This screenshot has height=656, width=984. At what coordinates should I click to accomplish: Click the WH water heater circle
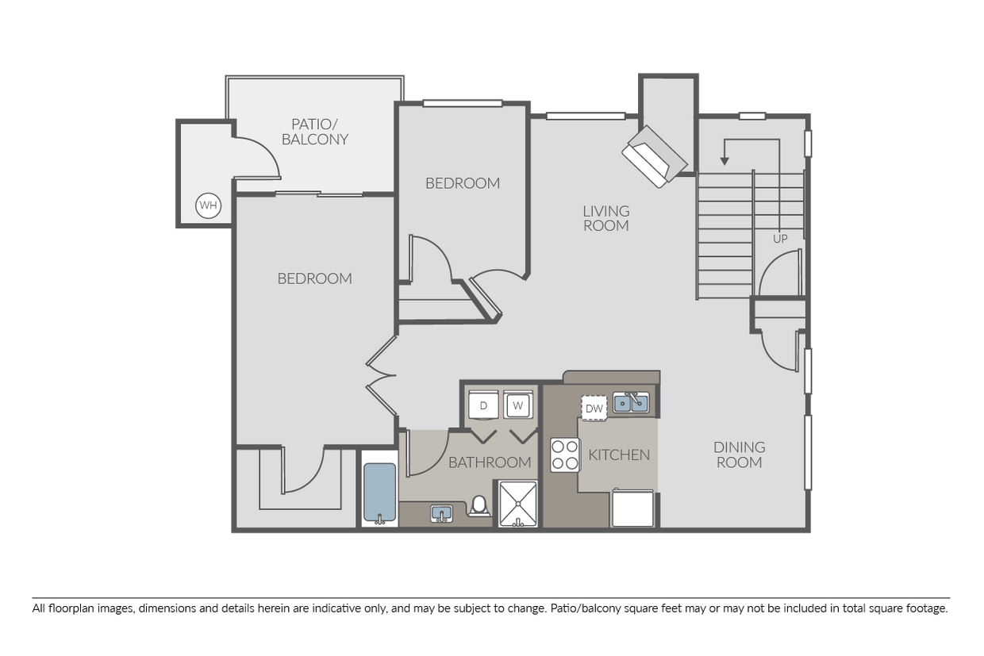pyautogui.click(x=208, y=205)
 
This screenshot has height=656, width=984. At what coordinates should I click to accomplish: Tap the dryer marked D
pyautogui.click(x=483, y=405)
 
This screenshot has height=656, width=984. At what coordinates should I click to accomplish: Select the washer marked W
pyautogui.click(x=518, y=405)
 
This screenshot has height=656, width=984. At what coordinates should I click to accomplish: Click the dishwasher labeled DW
pyautogui.click(x=594, y=409)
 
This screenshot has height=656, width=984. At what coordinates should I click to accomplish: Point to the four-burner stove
pyautogui.click(x=564, y=455)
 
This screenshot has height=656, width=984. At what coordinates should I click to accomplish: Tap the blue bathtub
pyautogui.click(x=380, y=493)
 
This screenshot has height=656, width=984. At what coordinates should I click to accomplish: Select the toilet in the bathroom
pyautogui.click(x=479, y=506)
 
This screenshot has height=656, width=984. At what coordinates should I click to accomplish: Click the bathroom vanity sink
pyautogui.click(x=441, y=513)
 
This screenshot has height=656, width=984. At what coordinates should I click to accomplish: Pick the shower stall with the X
pyautogui.click(x=518, y=504)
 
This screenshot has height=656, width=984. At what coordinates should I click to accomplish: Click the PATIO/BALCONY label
pyautogui.click(x=315, y=132)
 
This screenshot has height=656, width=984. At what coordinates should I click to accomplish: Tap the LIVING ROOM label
pyautogui.click(x=606, y=218)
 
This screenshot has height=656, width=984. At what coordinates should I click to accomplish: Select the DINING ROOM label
pyautogui.click(x=740, y=455)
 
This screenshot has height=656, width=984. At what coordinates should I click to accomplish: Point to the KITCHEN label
pyautogui.click(x=619, y=455)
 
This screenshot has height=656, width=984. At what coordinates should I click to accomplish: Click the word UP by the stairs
pyautogui.click(x=780, y=239)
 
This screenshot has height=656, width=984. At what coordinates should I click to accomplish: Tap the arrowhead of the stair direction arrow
pyautogui.click(x=725, y=161)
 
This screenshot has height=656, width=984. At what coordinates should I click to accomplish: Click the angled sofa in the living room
pyautogui.click(x=655, y=157)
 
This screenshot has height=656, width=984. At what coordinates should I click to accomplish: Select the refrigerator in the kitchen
pyautogui.click(x=632, y=508)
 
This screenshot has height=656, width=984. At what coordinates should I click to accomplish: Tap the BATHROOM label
pyautogui.click(x=490, y=462)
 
